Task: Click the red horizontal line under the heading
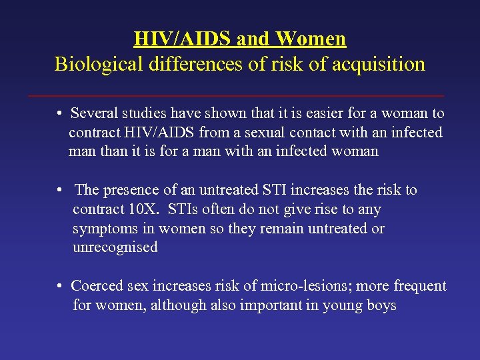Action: pos(237,96)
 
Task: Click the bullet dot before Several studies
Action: pos(60,114)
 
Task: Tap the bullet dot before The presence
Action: pos(60,191)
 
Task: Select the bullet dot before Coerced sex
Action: pos(60,287)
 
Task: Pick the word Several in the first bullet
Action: pos(93,114)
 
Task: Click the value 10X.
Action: pos(143,209)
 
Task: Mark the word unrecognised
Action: pos(115,247)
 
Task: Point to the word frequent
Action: pos(420,287)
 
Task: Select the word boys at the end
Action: pos(381,306)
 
